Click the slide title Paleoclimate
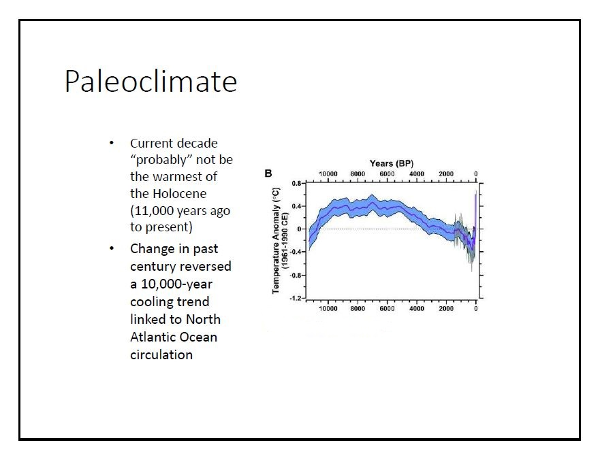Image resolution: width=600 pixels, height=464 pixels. [x=151, y=82]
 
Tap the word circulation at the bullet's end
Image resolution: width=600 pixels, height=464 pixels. [x=161, y=354]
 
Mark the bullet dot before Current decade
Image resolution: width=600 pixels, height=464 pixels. [x=111, y=144]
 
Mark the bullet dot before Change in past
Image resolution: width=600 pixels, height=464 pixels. [x=111, y=248]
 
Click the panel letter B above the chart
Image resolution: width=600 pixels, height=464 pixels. [x=269, y=173]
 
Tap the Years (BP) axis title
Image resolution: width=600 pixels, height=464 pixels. [x=391, y=163]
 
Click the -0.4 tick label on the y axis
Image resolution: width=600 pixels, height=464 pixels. [x=296, y=252]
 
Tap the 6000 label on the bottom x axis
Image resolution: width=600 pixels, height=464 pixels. [x=387, y=309]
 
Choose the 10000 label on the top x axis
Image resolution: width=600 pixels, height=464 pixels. [x=329, y=174]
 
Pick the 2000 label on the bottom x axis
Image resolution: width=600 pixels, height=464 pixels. [x=446, y=309]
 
